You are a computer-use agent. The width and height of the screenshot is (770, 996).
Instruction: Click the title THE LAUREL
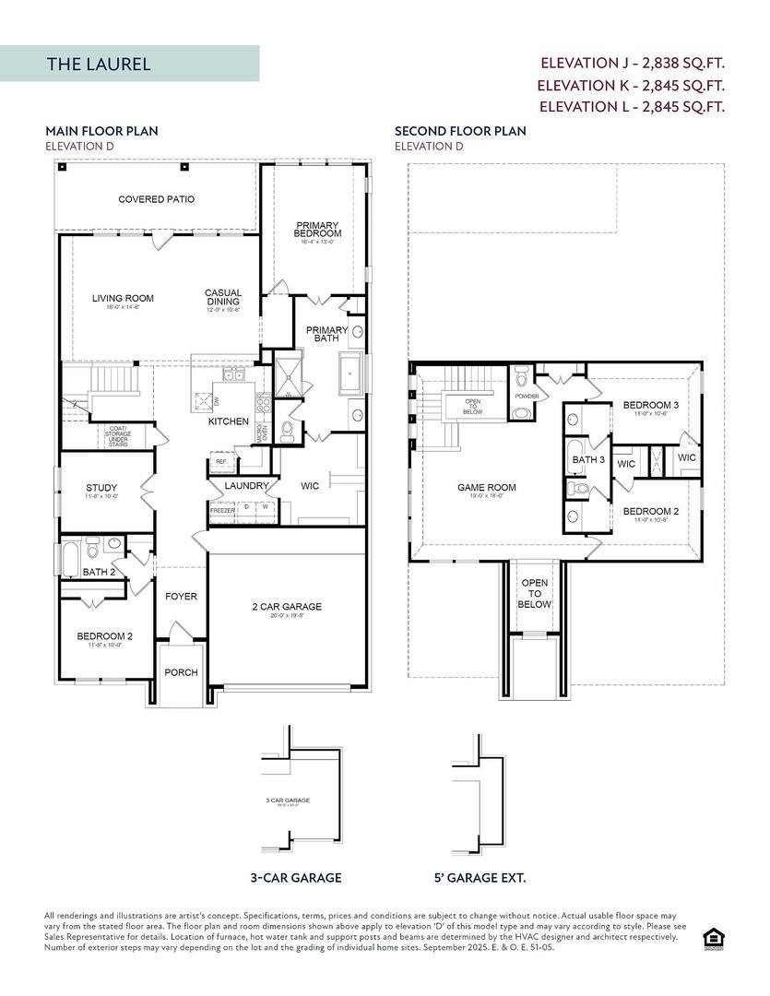pos(99,65)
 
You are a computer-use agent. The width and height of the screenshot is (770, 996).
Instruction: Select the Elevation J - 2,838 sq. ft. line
pos(632,63)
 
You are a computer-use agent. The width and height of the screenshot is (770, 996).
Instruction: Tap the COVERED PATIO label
pos(156,199)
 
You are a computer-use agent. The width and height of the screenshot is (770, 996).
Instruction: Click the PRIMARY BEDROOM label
pos(317,230)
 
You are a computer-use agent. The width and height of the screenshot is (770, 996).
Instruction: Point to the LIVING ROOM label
pos(123,298)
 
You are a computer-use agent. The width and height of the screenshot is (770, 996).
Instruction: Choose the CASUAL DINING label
pos(223,298)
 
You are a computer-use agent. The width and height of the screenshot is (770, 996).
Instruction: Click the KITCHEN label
pos(228,421)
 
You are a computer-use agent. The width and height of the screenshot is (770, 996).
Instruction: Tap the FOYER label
pos(181,597)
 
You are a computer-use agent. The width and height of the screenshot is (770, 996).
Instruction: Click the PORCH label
pos(181,672)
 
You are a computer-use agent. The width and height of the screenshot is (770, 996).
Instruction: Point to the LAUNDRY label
pos(246,485)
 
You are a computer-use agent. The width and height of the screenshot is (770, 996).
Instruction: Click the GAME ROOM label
pos(487,488)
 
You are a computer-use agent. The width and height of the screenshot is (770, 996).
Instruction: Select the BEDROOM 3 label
pos(650,405)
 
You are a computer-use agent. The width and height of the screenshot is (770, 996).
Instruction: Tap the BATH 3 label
pos(588,459)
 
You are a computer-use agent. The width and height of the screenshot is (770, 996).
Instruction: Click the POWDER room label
pos(527,396)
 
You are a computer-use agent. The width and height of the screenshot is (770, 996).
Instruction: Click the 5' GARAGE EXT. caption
pos(480,878)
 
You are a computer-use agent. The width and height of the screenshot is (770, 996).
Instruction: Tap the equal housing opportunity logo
pos(713,939)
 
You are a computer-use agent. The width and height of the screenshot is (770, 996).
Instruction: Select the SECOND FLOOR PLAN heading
pos(460,131)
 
